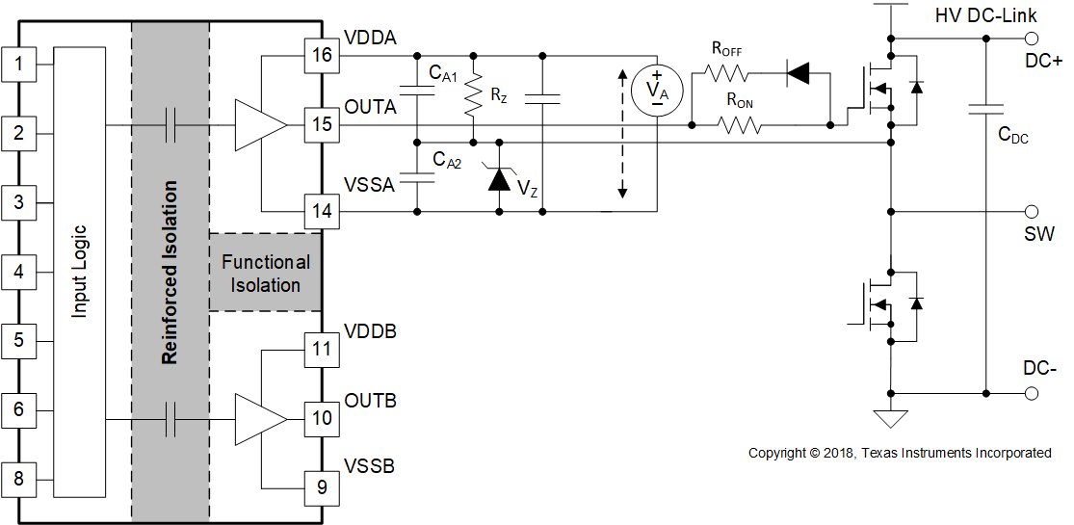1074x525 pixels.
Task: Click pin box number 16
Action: point(322,55)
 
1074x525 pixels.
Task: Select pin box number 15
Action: point(322,124)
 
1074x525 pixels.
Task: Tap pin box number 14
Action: point(322,210)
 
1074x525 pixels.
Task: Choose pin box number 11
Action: point(322,349)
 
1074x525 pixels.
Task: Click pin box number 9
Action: point(322,487)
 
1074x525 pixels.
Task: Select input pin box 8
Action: point(18,478)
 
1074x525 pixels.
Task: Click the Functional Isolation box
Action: point(266,273)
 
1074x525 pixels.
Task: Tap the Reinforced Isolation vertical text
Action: point(170,273)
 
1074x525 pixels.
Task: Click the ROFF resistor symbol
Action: point(727,72)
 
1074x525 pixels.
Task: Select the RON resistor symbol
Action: point(740,124)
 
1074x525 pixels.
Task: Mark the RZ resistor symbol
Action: point(472,96)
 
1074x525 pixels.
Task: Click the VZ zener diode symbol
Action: point(498,178)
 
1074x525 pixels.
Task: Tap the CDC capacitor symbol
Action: point(985,110)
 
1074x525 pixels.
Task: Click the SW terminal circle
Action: point(1032,211)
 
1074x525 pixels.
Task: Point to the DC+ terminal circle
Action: point(1032,39)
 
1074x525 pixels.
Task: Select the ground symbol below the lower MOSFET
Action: point(891,418)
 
